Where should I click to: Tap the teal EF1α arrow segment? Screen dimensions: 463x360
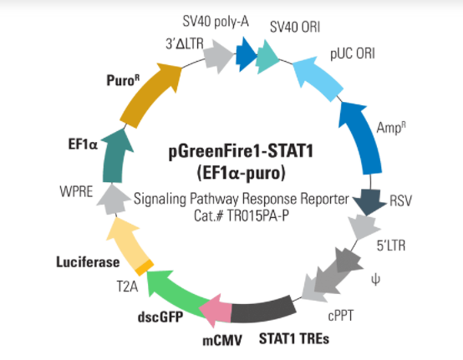point(114,156)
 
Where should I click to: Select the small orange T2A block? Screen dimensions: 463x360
point(145,267)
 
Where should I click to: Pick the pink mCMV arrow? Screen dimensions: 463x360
point(216,311)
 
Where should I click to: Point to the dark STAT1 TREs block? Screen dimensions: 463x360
point(262,309)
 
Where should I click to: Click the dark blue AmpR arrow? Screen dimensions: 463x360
point(361,136)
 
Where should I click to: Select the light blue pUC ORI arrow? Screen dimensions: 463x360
point(317,78)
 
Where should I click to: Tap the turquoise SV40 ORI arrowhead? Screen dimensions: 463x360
point(267,57)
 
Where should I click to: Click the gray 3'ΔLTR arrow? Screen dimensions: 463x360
point(218,57)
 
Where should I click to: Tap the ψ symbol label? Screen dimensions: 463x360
point(375,279)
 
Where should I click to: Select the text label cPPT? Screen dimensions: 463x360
point(340,317)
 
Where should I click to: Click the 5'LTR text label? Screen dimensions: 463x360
point(391,246)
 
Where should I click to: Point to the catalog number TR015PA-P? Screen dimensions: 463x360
point(257,216)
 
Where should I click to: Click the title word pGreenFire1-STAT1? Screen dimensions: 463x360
point(241,152)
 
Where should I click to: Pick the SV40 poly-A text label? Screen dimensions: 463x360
point(216,22)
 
